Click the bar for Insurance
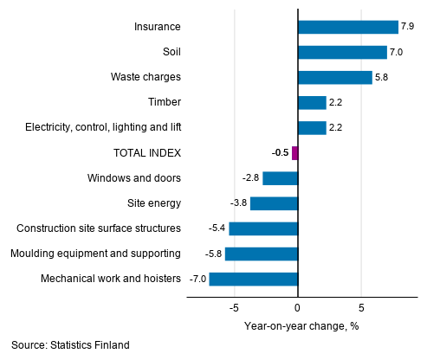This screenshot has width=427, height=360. point(347,27)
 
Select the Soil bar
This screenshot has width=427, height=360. point(342,52)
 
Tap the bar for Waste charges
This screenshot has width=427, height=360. point(334,77)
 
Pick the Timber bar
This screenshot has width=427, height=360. point(312,103)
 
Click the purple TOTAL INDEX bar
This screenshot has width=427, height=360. point(294,153)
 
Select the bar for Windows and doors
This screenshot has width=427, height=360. point(280,178)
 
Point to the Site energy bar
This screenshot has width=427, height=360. point(274,203)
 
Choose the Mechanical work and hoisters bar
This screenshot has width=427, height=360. point(253,279)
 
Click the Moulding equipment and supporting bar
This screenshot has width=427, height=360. point(261,254)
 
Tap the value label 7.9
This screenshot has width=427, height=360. point(407,27)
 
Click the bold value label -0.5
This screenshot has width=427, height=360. point(280,153)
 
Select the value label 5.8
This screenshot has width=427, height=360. point(381,77)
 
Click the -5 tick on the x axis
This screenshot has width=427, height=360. point(234,307)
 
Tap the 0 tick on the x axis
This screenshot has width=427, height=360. point(297,307)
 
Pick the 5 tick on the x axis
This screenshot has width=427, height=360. point(361,307)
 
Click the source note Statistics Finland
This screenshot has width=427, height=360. point(70,345)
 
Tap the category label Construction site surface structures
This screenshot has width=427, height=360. point(99,228)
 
